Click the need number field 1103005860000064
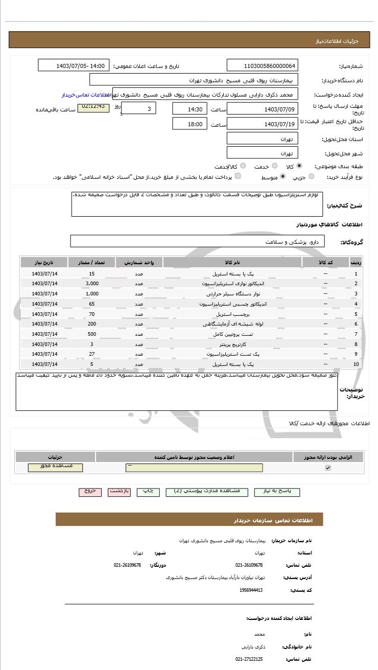click(262, 66)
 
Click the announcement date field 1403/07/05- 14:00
click(74, 66)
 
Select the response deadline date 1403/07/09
click(262, 109)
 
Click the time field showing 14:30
click(190, 109)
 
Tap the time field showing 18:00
click(190, 124)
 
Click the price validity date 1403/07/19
click(262, 124)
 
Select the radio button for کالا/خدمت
click(243, 166)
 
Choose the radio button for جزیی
click(312, 177)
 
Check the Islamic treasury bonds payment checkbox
click(238, 177)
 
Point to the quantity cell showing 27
click(92, 354)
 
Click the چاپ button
click(148, 491)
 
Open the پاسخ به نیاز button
click(277, 491)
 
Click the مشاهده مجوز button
click(55, 468)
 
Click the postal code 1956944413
click(251, 590)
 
